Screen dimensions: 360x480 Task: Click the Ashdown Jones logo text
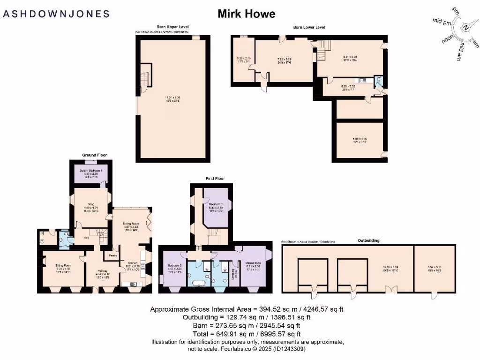(x=56, y=14)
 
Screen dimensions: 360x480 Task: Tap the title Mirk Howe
(x=246, y=14)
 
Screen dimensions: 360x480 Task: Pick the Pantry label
(x=113, y=255)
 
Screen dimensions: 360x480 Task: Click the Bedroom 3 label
(x=215, y=204)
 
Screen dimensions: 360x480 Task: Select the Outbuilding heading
(x=369, y=240)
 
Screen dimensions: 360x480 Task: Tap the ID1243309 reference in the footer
(x=290, y=349)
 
